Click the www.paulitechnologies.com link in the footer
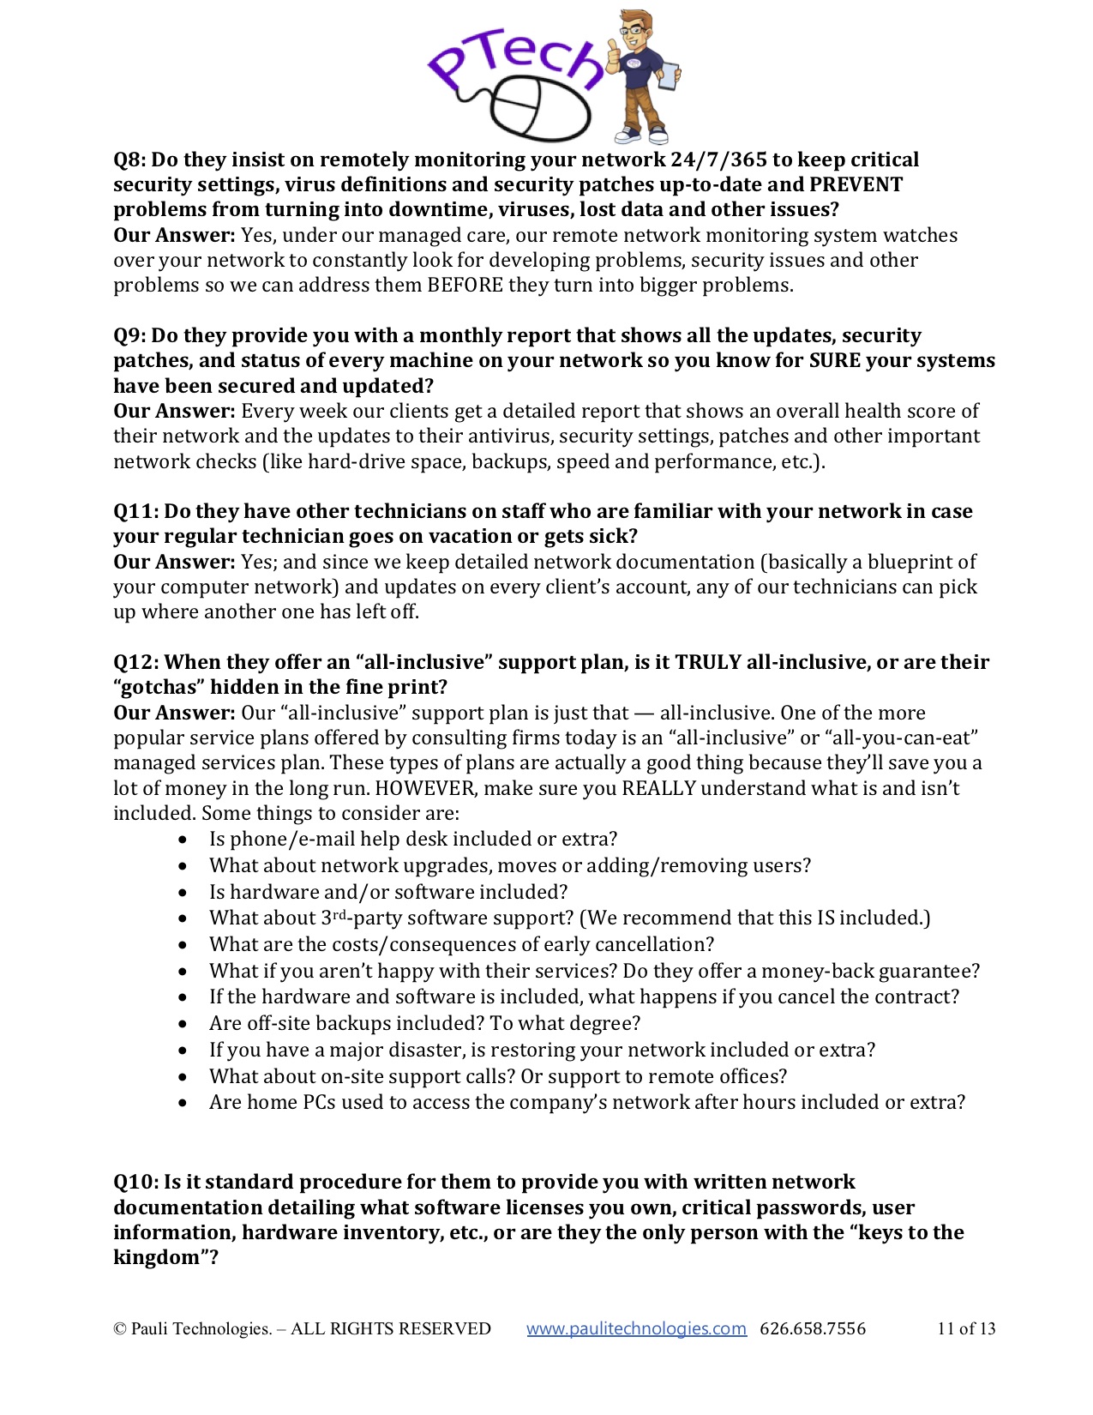(636, 1328)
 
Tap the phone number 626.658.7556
(813, 1328)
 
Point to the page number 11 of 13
(966, 1328)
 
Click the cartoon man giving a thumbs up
(640, 75)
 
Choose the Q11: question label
(136, 511)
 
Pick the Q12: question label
(136, 662)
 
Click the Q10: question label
(136, 1182)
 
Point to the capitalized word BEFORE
(465, 285)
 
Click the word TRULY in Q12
(707, 662)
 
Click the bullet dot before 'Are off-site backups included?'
(183, 1024)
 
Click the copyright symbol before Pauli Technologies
(119, 1329)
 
